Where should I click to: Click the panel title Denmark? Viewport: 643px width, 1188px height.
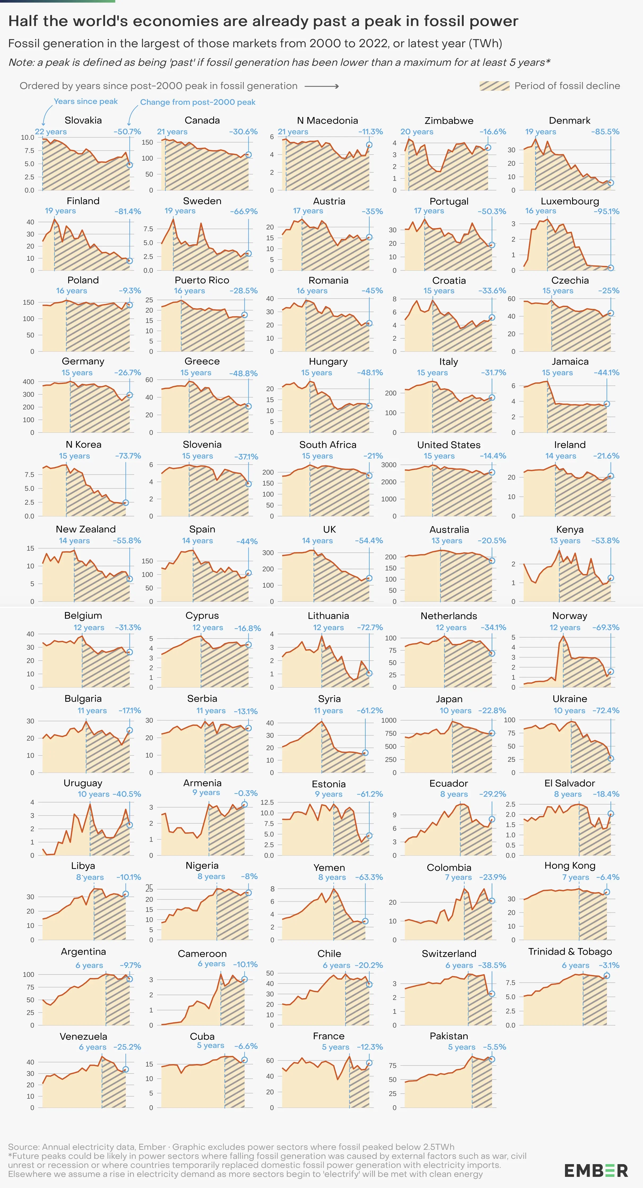(570, 120)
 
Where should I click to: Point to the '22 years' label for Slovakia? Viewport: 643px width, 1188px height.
(51, 132)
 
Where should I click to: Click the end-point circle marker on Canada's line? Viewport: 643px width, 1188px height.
(249, 155)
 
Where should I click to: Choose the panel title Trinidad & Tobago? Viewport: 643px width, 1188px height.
(570, 951)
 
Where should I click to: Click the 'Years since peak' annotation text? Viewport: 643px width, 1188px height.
(85, 101)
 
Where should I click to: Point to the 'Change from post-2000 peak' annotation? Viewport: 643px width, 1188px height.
(197, 102)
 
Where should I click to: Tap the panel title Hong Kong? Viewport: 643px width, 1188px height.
(570, 866)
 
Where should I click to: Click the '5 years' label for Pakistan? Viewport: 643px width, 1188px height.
(461, 1047)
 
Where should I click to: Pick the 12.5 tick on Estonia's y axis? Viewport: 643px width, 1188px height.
(267, 802)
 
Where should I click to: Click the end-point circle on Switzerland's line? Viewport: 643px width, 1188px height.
(492, 994)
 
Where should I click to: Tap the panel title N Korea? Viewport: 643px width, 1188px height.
(83, 445)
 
